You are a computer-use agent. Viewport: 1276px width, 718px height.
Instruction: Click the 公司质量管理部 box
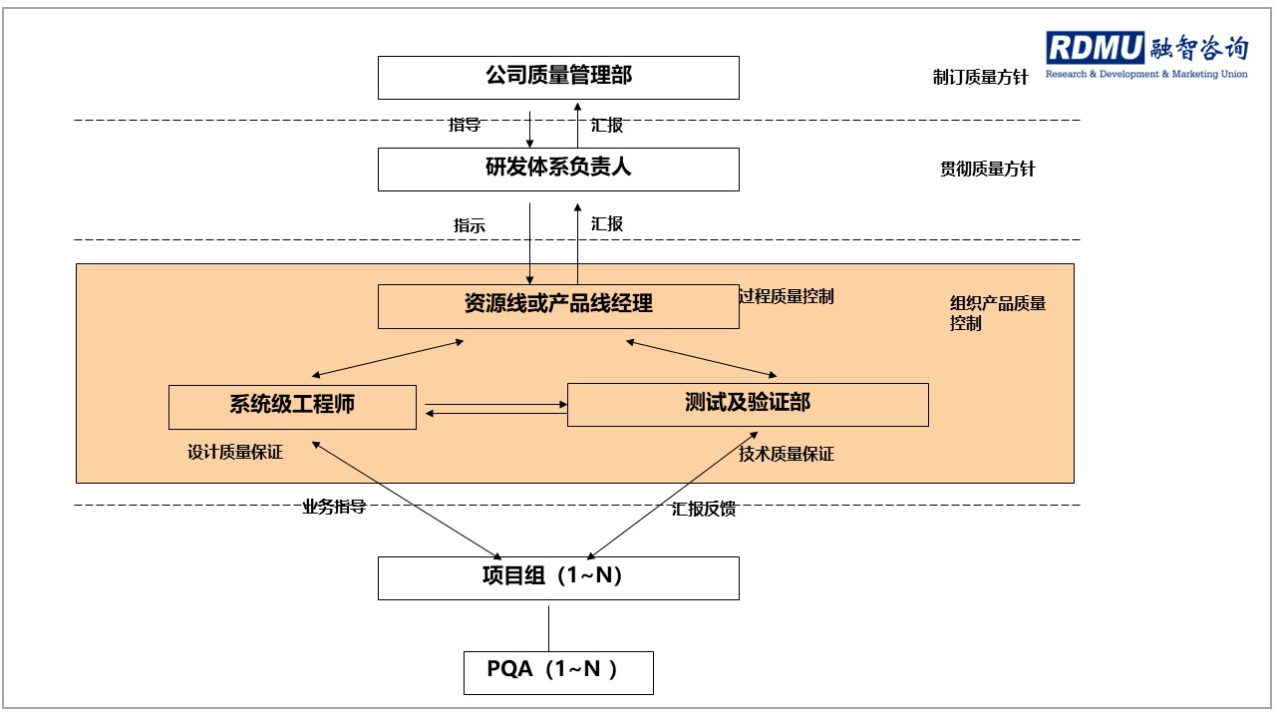pyautogui.click(x=558, y=78)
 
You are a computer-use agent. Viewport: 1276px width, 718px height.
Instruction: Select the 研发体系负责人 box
pyautogui.click(x=558, y=170)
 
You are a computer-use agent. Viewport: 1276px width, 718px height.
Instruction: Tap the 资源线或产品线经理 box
pyautogui.click(x=558, y=306)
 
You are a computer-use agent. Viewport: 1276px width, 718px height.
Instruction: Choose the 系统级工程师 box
pyautogui.click(x=292, y=407)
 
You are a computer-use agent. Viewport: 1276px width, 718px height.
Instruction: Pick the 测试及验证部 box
pyautogui.click(x=748, y=405)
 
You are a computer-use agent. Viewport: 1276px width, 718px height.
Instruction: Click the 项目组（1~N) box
pyautogui.click(x=558, y=577)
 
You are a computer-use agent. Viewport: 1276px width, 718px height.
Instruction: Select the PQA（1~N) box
pyautogui.click(x=558, y=673)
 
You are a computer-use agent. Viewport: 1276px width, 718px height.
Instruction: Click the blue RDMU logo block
pyautogui.click(x=1095, y=47)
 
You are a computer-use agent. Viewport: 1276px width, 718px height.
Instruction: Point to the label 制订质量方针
pyautogui.click(x=980, y=77)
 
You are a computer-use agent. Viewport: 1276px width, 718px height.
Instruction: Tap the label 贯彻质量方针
pyautogui.click(x=987, y=169)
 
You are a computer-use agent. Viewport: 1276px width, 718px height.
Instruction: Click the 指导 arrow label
pyautogui.click(x=465, y=125)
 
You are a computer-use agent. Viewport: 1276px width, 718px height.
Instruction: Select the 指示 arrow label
pyautogui.click(x=470, y=225)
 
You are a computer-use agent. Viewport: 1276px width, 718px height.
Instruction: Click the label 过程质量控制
pyautogui.click(x=787, y=296)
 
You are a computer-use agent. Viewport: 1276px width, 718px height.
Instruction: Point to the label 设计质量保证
pyautogui.click(x=235, y=452)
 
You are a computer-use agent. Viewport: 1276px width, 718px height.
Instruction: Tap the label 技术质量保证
pyautogui.click(x=787, y=454)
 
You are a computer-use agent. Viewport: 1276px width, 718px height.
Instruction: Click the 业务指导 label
pyautogui.click(x=334, y=507)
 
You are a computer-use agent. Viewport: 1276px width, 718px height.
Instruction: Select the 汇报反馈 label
pyautogui.click(x=704, y=509)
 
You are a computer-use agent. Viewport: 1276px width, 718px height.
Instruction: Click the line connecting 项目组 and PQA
pyautogui.click(x=549, y=628)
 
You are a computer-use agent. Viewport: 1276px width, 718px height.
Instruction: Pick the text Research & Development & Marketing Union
pyautogui.click(x=1146, y=74)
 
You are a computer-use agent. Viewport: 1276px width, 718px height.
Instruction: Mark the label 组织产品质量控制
pyautogui.click(x=998, y=313)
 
